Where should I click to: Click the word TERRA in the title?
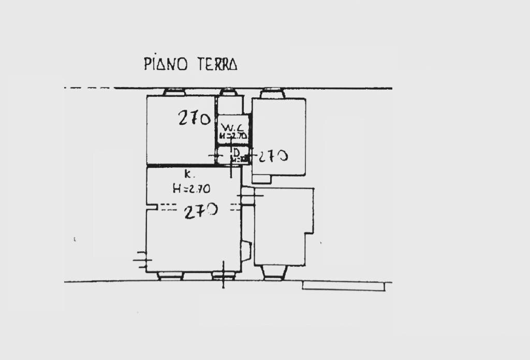[217, 64]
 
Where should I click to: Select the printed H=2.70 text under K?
[191, 189]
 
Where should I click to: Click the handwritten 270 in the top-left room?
[194, 119]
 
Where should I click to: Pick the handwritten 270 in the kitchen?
[201, 210]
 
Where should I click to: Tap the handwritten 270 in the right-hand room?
[273, 155]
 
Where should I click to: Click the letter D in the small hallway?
[235, 153]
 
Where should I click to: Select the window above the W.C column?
[228, 92]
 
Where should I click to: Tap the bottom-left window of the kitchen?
[170, 276]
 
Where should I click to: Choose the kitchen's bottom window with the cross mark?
[224, 276]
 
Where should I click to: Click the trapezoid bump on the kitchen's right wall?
[247, 252]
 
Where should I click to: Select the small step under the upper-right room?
[261, 179]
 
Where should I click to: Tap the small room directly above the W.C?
[228, 106]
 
